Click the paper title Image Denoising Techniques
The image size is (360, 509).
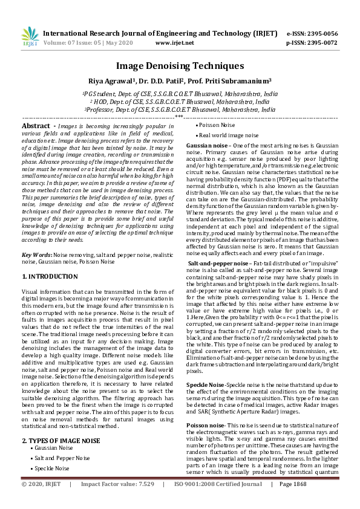click(180, 66)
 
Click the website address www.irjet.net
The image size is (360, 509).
click(175, 43)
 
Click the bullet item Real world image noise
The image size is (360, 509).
click(229, 135)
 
